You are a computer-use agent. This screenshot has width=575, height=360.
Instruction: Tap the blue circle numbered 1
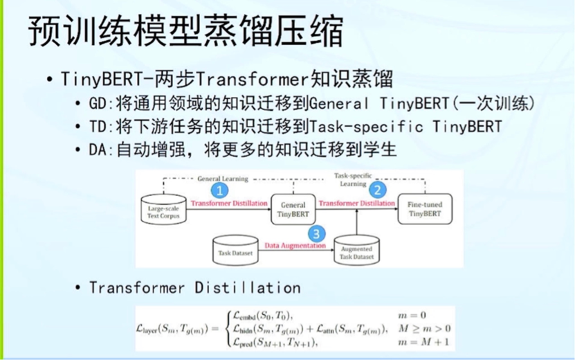219,188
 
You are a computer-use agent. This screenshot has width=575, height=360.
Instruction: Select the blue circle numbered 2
378,188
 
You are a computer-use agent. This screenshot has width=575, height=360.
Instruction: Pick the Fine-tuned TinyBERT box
424,208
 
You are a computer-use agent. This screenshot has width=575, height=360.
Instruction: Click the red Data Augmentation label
294,245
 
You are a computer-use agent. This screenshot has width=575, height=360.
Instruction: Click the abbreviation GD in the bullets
95,104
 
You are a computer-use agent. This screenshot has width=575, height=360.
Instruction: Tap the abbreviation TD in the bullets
95,127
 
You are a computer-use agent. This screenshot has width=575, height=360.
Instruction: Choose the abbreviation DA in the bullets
95,150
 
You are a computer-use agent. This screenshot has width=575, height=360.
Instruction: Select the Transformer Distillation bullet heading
194,287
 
